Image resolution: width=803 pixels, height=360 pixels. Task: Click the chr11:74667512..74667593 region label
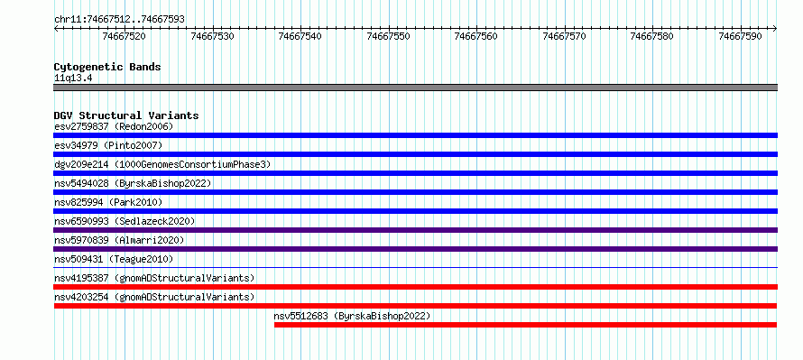[119, 20]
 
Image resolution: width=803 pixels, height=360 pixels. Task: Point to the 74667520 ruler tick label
[124, 36]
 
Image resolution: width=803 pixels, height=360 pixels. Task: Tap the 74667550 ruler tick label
[389, 36]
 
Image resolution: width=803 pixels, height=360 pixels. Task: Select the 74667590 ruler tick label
[740, 36]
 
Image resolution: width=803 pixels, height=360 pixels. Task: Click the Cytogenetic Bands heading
[107, 67]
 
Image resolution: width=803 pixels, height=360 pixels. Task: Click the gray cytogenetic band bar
[416, 88]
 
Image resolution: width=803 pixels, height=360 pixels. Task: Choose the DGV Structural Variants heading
[126, 115]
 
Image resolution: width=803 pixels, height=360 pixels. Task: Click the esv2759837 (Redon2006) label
[114, 126]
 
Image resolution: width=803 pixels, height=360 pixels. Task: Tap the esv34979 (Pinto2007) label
[108, 145]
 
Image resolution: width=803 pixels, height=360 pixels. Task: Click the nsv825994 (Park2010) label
[108, 202]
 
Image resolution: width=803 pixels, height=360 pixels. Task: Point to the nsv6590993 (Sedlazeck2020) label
[125, 221]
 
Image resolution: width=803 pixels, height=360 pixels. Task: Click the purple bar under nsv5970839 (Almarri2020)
[416, 249]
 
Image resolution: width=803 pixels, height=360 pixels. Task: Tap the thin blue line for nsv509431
[416, 267]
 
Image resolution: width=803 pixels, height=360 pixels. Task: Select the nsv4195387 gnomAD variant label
[154, 278]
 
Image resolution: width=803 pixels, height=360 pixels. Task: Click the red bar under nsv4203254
[415, 306]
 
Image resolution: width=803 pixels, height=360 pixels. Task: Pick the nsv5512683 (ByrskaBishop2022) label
[353, 316]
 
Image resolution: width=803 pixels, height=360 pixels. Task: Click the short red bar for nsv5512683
[525, 325]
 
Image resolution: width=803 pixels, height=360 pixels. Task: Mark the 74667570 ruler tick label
[564, 36]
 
